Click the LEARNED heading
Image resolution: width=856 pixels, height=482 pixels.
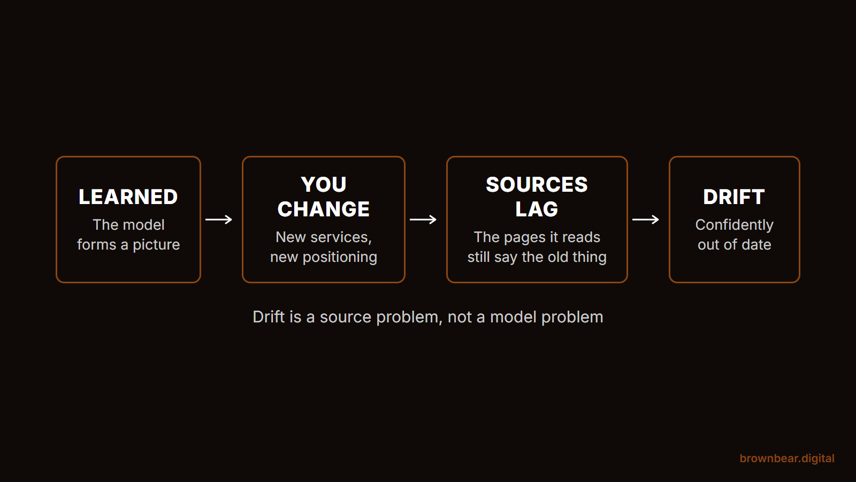click(x=128, y=197)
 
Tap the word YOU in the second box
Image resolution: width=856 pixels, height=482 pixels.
click(x=324, y=185)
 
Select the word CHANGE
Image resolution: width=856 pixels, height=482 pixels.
click(x=324, y=209)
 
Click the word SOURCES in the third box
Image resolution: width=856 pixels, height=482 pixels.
click(x=537, y=185)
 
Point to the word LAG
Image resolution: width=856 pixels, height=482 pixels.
click(x=537, y=209)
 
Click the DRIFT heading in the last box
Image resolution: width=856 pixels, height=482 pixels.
click(x=734, y=197)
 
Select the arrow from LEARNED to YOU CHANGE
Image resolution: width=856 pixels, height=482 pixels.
click(x=219, y=220)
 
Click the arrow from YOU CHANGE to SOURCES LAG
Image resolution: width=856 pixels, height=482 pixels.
click(x=423, y=220)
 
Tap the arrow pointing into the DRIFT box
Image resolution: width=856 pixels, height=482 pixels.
click(x=646, y=220)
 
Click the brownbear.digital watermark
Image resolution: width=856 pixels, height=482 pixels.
click(x=787, y=458)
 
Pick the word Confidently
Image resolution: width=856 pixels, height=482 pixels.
click(x=735, y=225)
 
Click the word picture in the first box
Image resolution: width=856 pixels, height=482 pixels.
click(x=156, y=245)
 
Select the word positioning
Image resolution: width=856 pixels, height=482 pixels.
click(x=340, y=258)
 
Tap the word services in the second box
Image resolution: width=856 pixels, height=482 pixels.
click(x=341, y=238)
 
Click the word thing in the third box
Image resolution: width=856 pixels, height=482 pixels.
click(x=589, y=258)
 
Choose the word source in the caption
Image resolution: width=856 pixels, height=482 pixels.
click(x=346, y=318)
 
